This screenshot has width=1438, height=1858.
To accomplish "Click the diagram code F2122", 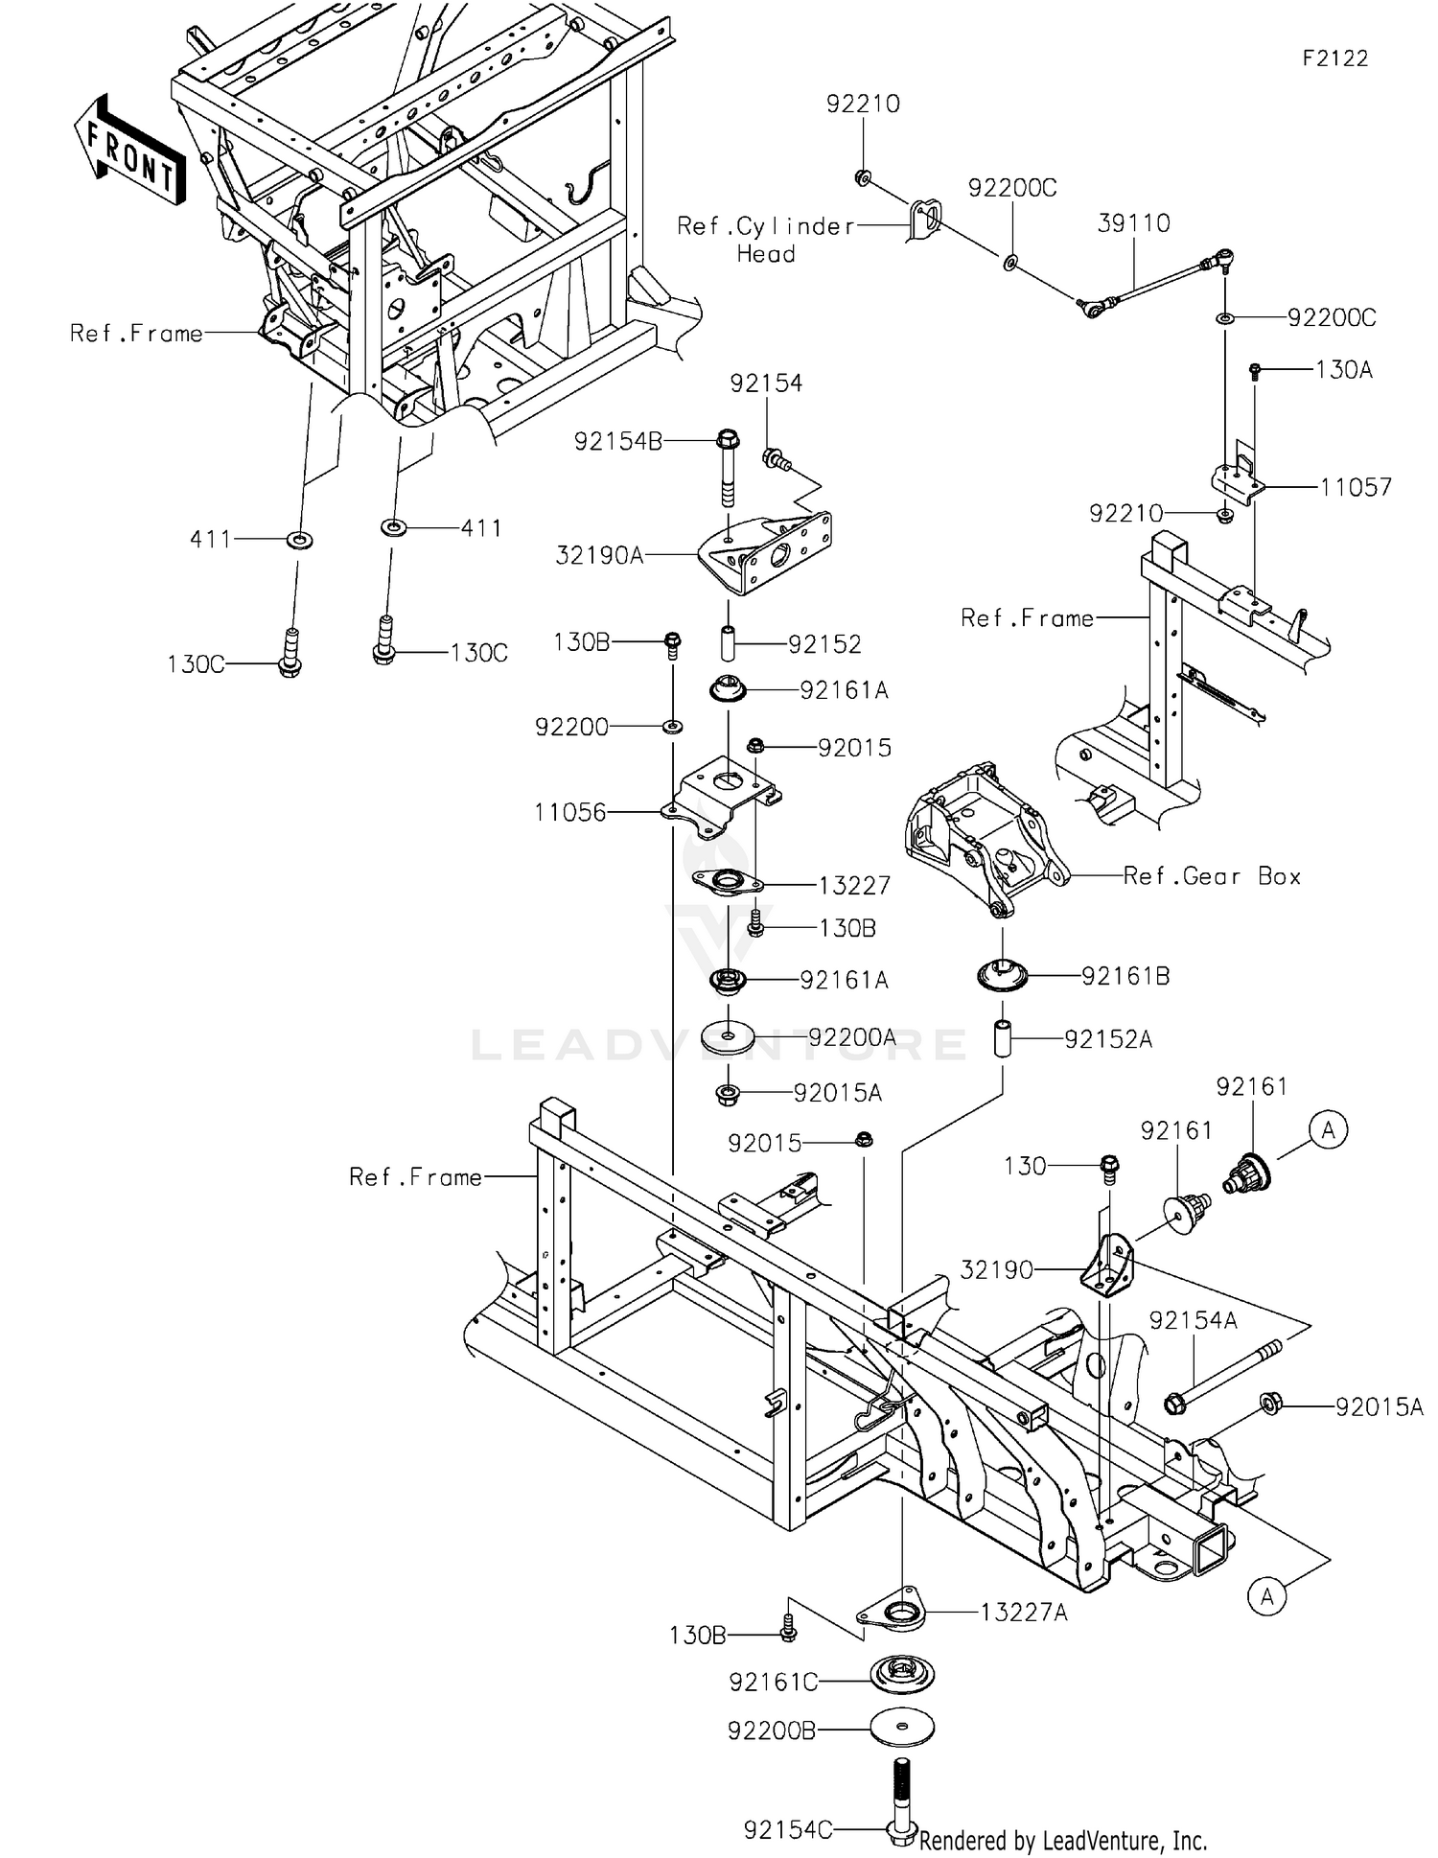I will coord(1334,58).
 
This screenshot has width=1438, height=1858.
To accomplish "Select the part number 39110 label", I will coord(1133,223).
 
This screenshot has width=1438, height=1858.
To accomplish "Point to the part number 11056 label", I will coord(570,813).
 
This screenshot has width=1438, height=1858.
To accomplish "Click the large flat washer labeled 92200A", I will coord(729,1036).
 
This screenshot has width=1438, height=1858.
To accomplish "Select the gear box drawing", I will coord(983,839).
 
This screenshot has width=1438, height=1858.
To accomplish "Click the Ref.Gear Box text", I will coord(1212,876).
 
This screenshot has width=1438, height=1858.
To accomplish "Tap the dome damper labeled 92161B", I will coord(1003,975).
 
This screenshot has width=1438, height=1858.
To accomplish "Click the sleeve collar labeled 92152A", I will coord(1003,1039).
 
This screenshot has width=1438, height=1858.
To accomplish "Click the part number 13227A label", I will coord(1024,1613).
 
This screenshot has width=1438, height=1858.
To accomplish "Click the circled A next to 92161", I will coord(1328,1130).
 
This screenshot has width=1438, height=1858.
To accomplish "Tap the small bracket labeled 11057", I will coord(1239,481).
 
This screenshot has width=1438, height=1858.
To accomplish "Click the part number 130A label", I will coord(1343,370).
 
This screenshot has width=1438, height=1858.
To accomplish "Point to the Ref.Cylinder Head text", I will coord(765,240).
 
